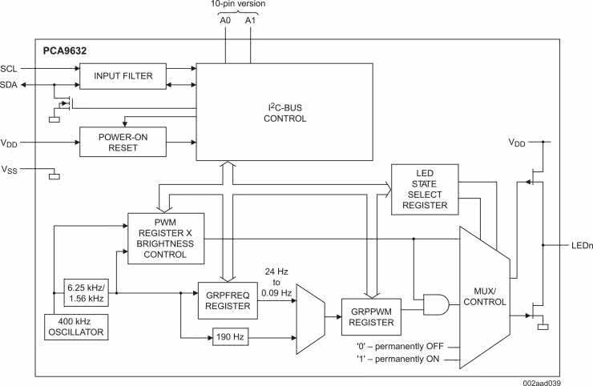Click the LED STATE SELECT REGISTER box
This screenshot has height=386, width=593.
(425, 189)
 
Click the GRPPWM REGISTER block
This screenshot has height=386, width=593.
(370, 317)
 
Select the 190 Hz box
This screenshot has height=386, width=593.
(231, 336)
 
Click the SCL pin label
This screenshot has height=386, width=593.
(9, 68)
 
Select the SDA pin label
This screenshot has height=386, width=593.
(9, 84)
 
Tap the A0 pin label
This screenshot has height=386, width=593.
(225, 21)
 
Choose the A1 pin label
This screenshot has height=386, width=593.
(251, 21)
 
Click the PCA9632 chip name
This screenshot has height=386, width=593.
(65, 50)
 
